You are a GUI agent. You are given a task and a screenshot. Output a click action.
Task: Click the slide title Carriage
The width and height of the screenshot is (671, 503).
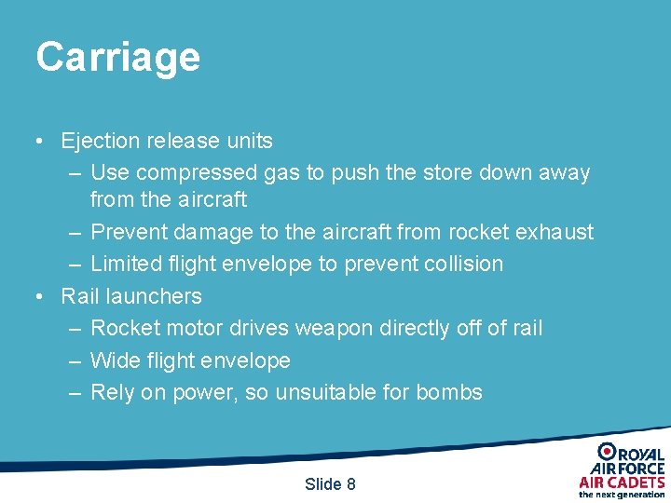pyautogui.click(x=117, y=58)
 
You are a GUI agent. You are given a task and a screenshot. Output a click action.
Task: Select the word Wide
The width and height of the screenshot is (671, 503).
pyautogui.click(x=115, y=360)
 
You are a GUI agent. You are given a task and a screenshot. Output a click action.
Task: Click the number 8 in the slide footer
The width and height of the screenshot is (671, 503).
pyautogui.click(x=350, y=484)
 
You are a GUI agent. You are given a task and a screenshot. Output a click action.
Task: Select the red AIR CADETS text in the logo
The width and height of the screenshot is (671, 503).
pyautogui.click(x=622, y=482)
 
